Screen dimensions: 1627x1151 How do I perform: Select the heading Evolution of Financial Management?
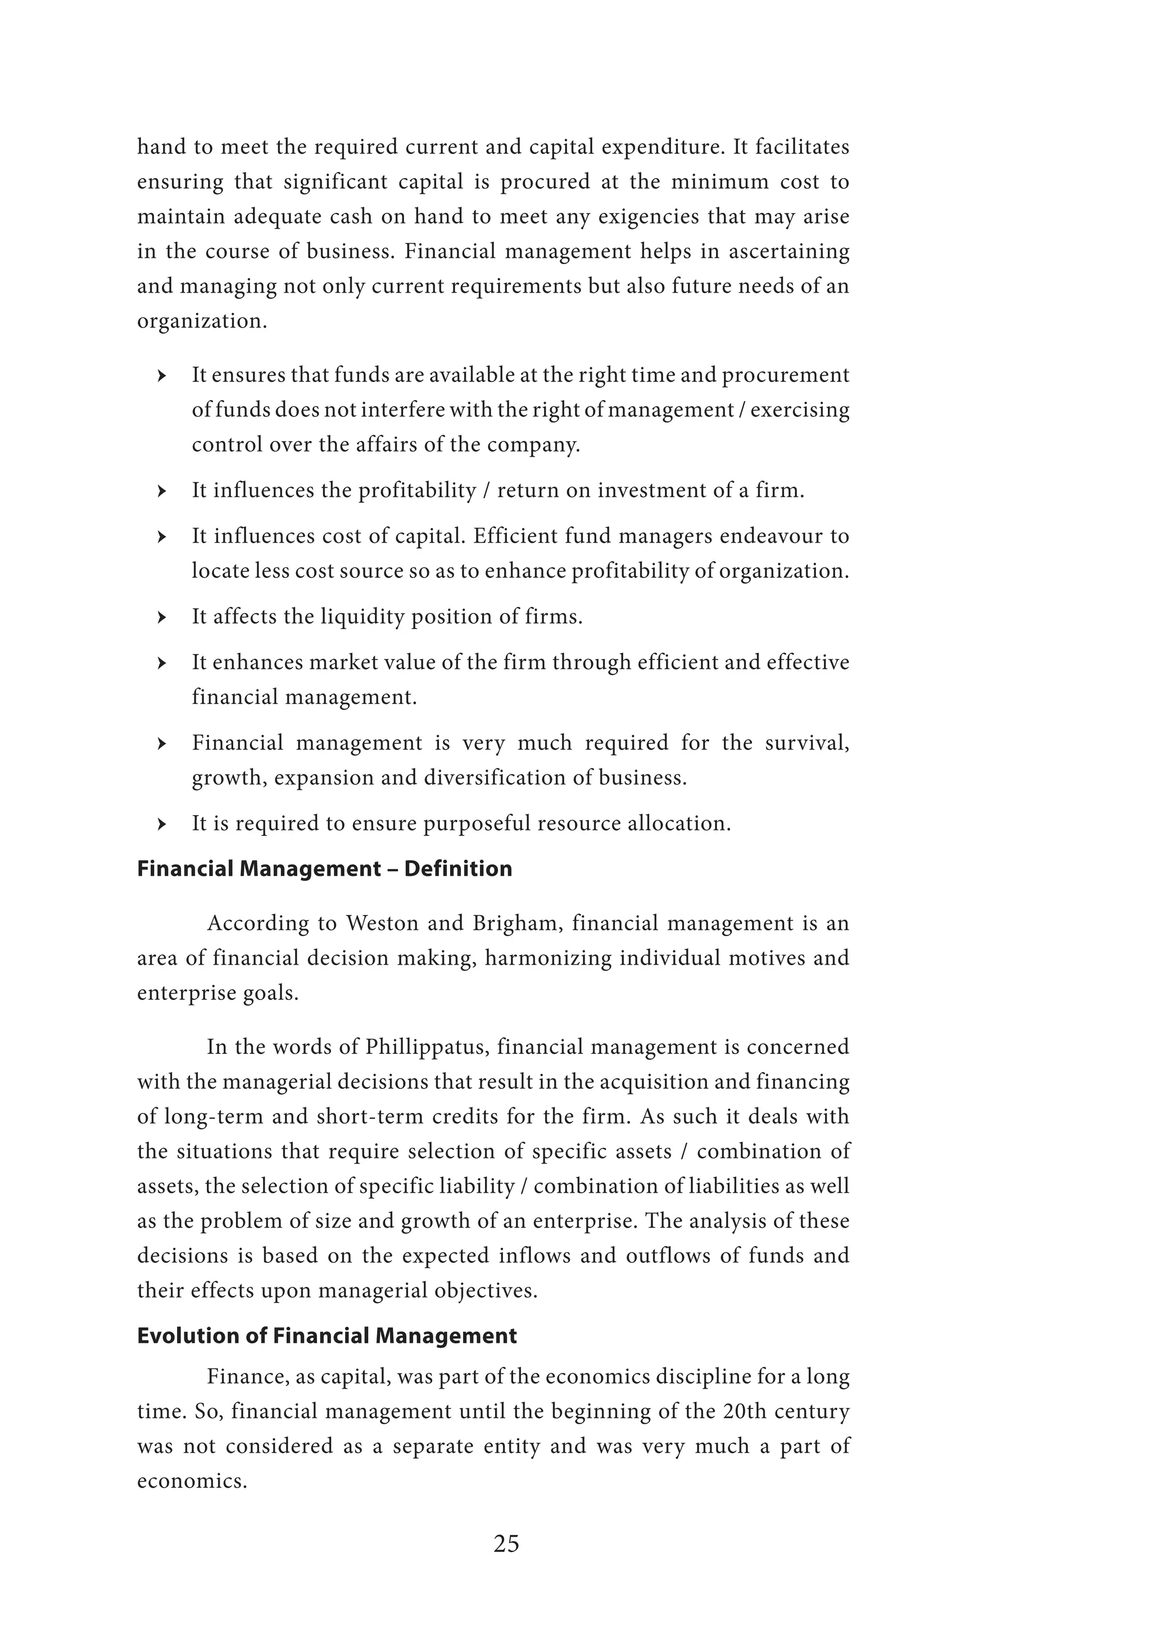point(327,1336)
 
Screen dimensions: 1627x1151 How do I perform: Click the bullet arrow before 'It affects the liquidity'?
point(162,618)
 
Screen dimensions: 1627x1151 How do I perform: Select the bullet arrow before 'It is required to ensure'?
point(162,824)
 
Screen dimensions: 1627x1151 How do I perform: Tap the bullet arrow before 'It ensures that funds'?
point(162,376)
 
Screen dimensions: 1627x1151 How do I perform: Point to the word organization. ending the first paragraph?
point(202,322)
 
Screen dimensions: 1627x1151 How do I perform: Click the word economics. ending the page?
point(191,1481)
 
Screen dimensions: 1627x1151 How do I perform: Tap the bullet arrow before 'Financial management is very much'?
point(162,744)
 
